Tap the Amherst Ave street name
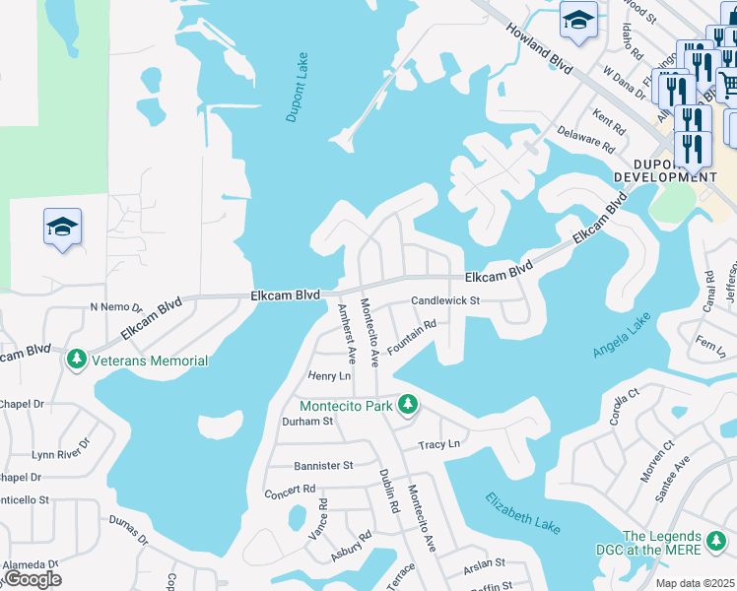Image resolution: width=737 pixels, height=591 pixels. click(x=346, y=333)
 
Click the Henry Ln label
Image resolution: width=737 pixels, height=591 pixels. click(x=329, y=376)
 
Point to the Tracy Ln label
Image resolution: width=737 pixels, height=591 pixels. click(x=439, y=444)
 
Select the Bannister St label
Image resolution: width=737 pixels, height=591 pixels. click(x=323, y=465)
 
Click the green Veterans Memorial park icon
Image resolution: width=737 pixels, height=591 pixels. click(x=77, y=361)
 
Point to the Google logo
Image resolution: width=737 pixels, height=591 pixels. click(x=32, y=578)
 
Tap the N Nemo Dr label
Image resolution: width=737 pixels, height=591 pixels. click(x=116, y=307)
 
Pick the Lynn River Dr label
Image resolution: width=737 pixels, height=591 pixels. click(x=58, y=454)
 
